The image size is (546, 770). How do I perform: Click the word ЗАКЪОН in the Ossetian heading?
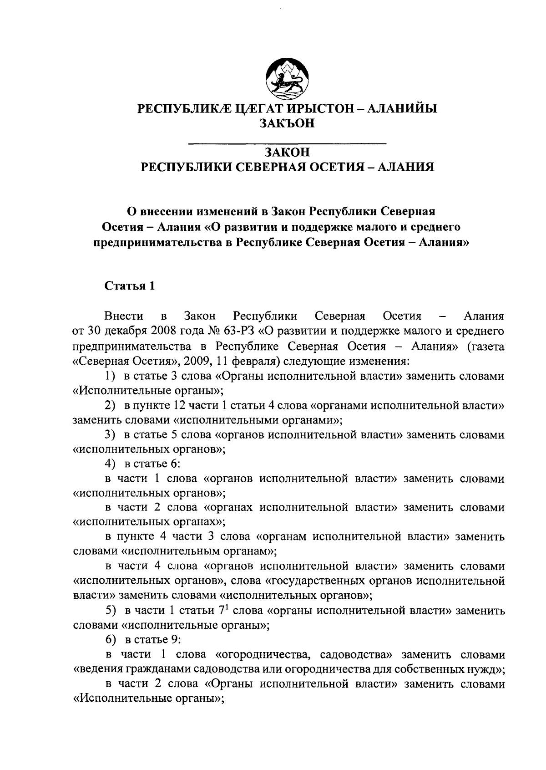287,123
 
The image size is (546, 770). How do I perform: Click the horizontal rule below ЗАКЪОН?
287,144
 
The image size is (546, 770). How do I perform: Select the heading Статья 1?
130,286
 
